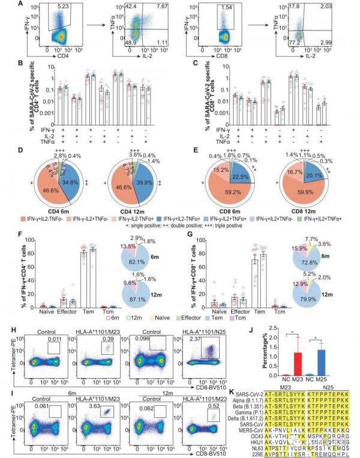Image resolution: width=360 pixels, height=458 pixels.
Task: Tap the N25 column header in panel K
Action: [x=320, y=386]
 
